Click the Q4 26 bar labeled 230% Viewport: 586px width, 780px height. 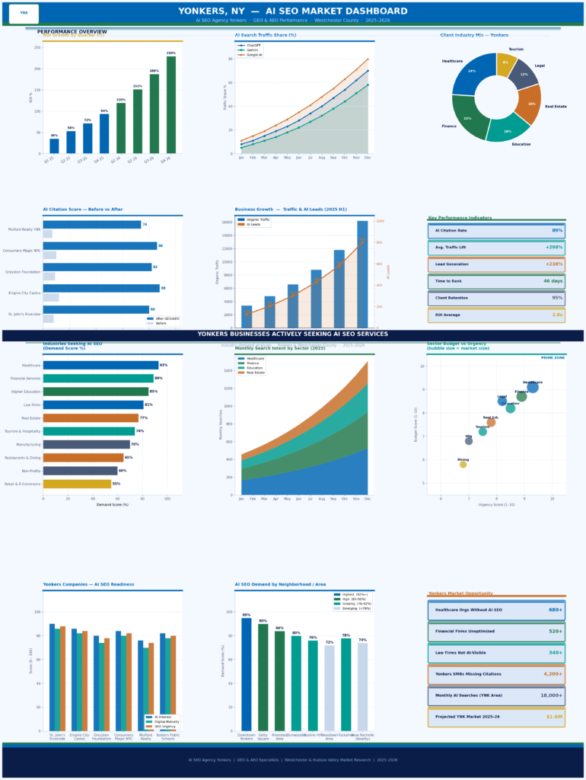(x=171, y=105)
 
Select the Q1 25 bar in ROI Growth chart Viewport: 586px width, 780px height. (x=54, y=145)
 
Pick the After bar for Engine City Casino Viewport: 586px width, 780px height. (x=101, y=288)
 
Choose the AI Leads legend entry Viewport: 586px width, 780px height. (x=254, y=225)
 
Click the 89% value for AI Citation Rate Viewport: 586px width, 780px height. (x=557, y=230)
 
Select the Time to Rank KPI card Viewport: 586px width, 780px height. (x=496, y=281)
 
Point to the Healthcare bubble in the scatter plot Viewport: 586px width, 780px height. (x=533, y=387)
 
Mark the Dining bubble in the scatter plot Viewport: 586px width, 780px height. (x=463, y=464)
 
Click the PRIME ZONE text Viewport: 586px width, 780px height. (x=552, y=357)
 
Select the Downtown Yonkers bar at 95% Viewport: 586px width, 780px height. (x=247, y=674)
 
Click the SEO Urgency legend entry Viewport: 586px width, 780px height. (x=162, y=726)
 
